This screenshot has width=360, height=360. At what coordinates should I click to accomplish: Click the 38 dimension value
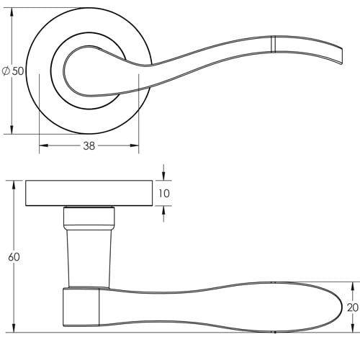click(88, 145)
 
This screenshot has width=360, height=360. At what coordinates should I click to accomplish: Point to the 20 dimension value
click(351, 307)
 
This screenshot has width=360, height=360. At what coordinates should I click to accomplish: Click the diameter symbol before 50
click(6, 71)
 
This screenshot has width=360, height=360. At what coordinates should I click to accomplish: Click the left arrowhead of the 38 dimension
click(42, 145)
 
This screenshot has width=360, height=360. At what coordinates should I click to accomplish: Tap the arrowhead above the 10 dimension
click(164, 178)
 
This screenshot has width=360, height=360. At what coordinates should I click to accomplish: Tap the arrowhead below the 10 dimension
click(164, 210)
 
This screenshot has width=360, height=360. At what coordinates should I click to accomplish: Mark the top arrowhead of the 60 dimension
click(14, 185)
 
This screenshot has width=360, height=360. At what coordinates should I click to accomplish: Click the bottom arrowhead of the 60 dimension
click(14, 328)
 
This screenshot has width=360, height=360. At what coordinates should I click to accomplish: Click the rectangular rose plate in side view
click(89, 194)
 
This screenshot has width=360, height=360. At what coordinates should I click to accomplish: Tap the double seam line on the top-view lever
click(274, 43)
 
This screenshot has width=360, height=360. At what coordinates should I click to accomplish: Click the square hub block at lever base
click(81, 308)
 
